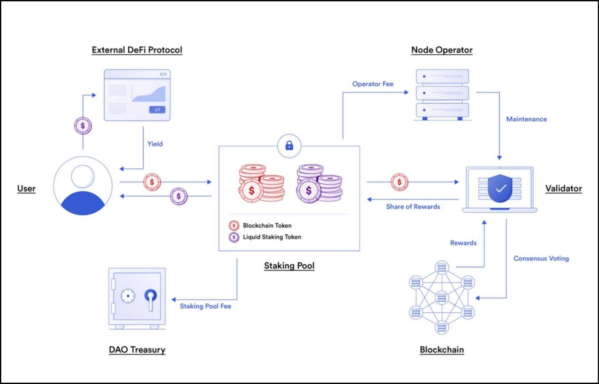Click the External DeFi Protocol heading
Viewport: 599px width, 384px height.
[137, 50]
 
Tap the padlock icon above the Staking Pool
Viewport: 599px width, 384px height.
[289, 145]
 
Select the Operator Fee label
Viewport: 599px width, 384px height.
[373, 84]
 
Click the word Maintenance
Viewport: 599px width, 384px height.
[526, 119]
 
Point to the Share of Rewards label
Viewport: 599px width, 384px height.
[413, 207]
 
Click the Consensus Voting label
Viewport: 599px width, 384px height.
[541, 258]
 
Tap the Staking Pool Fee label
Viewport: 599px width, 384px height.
[205, 306]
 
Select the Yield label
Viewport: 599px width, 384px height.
[155, 144]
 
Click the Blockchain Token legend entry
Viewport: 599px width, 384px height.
[267, 226]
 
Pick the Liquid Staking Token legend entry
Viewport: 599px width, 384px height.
[272, 237]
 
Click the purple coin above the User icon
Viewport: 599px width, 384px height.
[83, 126]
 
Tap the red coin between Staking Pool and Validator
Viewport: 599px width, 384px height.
[399, 182]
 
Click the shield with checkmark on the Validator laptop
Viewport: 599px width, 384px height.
[500, 189]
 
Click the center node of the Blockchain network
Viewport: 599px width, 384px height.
[441, 297]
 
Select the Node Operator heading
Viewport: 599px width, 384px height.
[442, 50]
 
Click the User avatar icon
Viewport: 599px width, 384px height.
[83, 186]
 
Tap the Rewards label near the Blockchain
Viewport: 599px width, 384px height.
[463, 243]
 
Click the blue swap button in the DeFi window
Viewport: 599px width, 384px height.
[157, 109]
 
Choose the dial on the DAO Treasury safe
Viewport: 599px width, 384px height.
[128, 296]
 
